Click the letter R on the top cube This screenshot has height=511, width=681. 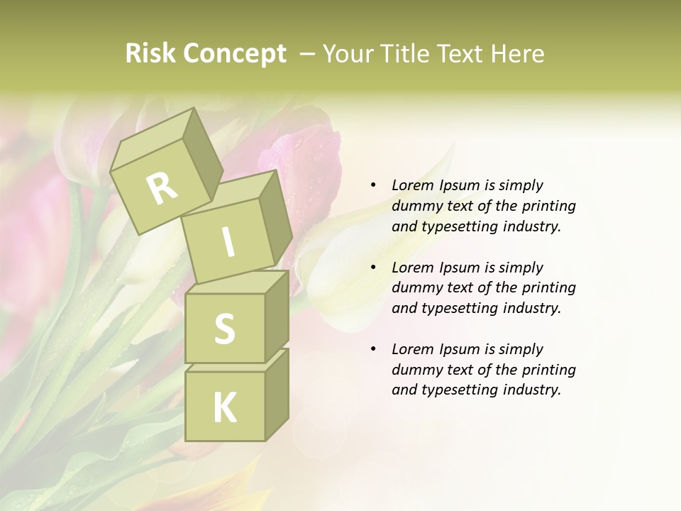[x=162, y=188]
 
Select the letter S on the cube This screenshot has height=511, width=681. [x=224, y=329]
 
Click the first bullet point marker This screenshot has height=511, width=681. [x=373, y=185]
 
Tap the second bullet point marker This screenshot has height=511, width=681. [x=373, y=268]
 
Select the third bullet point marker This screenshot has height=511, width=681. [x=373, y=349]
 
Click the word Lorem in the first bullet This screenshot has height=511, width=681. [x=411, y=185]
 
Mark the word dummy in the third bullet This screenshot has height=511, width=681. [x=416, y=370]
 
